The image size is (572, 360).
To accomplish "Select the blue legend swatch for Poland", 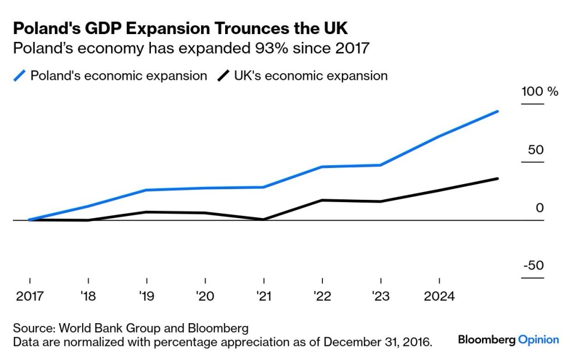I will coord(21,76).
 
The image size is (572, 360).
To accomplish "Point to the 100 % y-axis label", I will coord(540,92).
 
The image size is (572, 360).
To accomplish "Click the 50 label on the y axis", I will coord(536,150).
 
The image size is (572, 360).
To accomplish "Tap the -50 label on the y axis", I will coord(533,265).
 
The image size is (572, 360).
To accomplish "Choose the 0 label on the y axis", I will coord(540,208).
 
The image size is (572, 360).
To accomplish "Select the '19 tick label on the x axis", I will coord(147,296).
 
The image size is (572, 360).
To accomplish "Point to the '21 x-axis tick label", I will coord(264,296).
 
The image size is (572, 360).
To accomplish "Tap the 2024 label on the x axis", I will coord(440,296).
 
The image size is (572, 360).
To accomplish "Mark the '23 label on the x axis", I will coord(381,296).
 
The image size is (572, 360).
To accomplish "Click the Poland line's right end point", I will coord(498,112).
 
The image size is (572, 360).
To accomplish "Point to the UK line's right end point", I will coord(498,179).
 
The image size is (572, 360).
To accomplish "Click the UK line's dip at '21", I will coord(264,219).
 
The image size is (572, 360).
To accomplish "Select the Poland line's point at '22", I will coord(323,167).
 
